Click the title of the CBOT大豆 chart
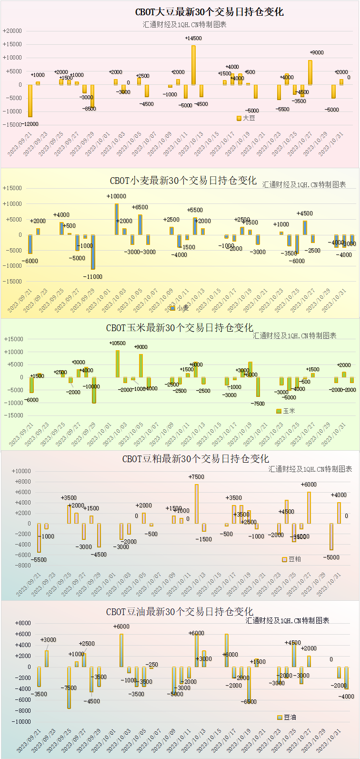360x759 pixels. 210,12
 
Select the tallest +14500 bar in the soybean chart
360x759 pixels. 193,65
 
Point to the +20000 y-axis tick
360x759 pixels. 12,31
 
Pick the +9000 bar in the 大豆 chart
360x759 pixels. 310,72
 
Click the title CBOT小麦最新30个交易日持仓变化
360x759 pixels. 183,181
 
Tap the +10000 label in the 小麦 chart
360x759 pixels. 116,196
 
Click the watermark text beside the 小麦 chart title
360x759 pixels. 304,184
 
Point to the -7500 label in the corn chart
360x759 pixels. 258,403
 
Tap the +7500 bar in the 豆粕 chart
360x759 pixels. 196,504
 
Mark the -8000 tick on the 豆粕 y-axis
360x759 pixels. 22,566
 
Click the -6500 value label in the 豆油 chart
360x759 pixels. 249,701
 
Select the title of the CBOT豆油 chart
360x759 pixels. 180,612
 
